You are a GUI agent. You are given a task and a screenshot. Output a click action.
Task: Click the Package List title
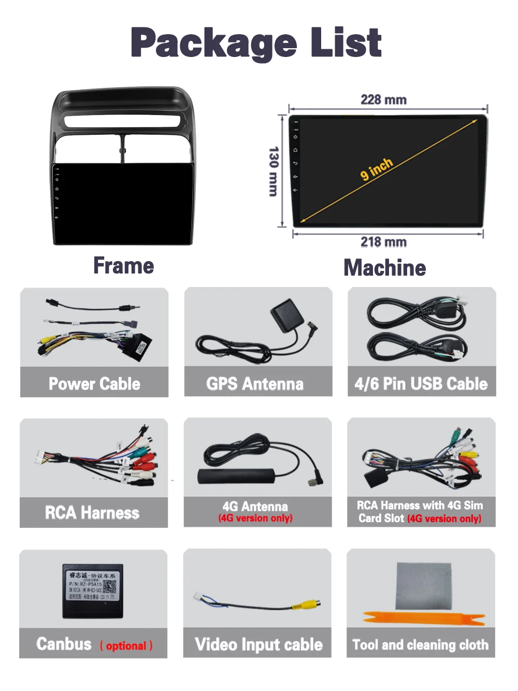256,43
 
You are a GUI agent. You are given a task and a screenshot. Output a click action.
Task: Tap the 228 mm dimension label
383,99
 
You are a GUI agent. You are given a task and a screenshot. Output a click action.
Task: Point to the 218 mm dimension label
383,242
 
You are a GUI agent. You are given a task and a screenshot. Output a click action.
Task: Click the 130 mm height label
274,171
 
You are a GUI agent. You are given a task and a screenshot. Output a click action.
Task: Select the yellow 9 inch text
377,169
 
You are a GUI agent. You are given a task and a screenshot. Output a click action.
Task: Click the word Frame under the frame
124,266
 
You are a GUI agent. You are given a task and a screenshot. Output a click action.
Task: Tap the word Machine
385,268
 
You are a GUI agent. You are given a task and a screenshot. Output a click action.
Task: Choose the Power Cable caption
94,384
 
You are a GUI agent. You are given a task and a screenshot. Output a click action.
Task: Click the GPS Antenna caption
255,384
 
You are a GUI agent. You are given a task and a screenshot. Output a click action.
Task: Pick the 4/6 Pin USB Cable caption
421,384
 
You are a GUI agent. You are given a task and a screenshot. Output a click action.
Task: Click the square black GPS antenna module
286,315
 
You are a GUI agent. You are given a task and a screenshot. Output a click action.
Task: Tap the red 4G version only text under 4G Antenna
255,518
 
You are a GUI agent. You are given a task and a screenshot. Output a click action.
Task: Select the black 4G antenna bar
236,476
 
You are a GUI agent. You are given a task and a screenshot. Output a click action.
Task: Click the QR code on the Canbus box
110,587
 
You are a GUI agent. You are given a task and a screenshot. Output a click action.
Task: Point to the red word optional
126,646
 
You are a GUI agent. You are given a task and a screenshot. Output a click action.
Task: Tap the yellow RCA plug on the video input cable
307,604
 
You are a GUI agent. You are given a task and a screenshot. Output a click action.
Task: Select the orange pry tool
420,618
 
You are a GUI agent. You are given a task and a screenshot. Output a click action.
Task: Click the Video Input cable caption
258,644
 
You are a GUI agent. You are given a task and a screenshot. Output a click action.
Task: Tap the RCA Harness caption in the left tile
92,513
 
